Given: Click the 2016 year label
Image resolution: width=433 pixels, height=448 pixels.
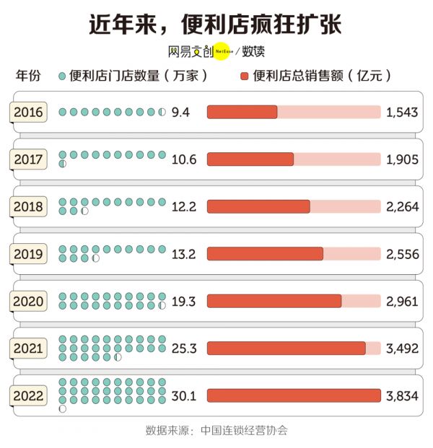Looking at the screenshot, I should pyautogui.click(x=29, y=112).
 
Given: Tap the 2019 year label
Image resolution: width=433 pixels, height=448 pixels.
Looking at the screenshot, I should pyautogui.click(x=29, y=254).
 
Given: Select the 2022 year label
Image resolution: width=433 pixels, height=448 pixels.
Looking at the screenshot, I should pyautogui.click(x=29, y=395).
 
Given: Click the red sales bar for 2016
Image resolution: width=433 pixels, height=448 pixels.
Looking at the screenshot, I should pyautogui.click(x=242, y=112).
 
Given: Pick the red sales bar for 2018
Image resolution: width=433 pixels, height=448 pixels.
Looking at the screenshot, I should pyautogui.click(x=258, y=206).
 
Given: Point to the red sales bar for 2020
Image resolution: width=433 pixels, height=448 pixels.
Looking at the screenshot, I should pyautogui.click(x=274, y=301).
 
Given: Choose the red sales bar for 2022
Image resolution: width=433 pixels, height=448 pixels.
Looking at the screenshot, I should pyautogui.click(x=294, y=395).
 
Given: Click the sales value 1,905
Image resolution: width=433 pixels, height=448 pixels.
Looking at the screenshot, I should pyautogui.click(x=402, y=159).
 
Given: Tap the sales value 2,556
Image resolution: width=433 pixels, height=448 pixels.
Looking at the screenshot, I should pyautogui.click(x=402, y=254).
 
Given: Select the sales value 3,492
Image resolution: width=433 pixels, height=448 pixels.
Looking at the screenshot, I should pyautogui.click(x=402, y=348).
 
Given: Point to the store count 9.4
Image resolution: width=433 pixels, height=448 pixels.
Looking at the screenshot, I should pyautogui.click(x=180, y=112).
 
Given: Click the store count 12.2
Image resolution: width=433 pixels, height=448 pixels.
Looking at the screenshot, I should pyautogui.click(x=183, y=206).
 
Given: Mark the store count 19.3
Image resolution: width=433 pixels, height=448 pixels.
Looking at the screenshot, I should pyautogui.click(x=183, y=301).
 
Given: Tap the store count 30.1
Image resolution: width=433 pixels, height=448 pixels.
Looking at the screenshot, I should pyautogui.click(x=183, y=395).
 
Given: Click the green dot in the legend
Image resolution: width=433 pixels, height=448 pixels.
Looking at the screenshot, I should pyautogui.click(x=62, y=76).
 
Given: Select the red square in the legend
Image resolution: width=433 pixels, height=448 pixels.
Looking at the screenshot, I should pyautogui.click(x=244, y=76).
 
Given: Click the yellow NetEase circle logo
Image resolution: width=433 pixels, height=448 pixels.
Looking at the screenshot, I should pyautogui.click(x=224, y=52).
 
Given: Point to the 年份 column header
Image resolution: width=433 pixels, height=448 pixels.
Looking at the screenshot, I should pyautogui.click(x=28, y=76).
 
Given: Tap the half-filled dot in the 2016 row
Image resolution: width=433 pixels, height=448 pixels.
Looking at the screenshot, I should pyautogui.click(x=162, y=112).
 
